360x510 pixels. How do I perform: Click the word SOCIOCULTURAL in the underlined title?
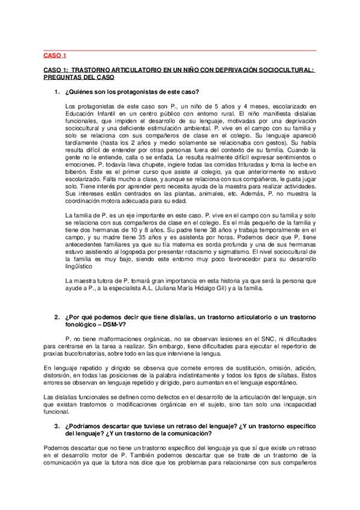pos(282,70)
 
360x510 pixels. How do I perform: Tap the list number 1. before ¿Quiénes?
pos(56,91)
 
